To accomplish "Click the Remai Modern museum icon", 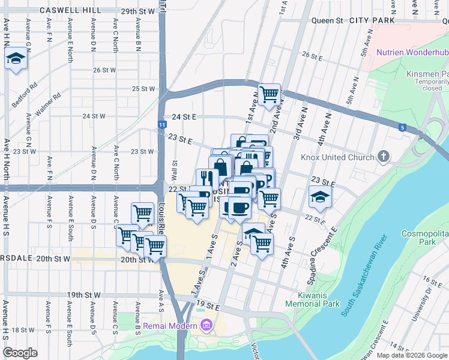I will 207,326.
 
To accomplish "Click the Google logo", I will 20,353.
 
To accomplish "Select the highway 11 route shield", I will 162,124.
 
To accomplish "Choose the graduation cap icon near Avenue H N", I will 16,58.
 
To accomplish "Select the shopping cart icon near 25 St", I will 270,94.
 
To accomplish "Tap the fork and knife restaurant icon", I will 206,178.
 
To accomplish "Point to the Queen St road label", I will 327,20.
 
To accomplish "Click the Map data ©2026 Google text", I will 412,355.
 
